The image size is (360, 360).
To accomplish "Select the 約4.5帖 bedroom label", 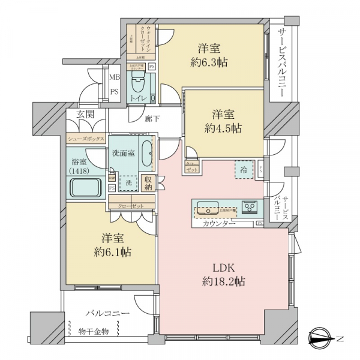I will click(226, 121).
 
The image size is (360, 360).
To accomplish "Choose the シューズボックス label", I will click(86, 138).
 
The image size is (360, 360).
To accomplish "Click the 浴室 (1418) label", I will click(79, 166).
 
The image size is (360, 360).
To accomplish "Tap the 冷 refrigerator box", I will click(244, 170).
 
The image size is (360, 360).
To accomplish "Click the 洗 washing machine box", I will click(128, 182).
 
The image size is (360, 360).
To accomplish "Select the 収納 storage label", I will click(148, 182).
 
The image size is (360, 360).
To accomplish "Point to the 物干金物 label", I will click(93, 331).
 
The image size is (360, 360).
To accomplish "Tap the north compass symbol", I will click(324, 339).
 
